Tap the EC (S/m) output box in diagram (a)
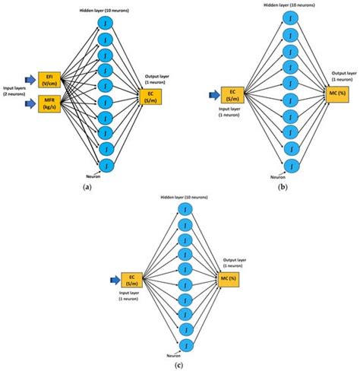pyautogui.click(x=149, y=95)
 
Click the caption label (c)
pyautogui.click(x=185, y=364)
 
